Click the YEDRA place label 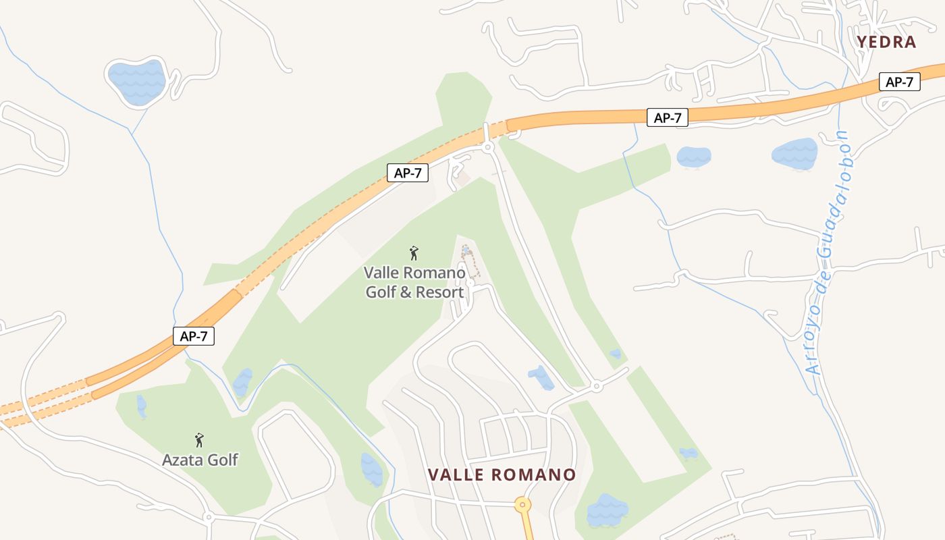pyautogui.click(x=886, y=42)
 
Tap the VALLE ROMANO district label pyautogui.click(x=502, y=475)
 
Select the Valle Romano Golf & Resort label pyautogui.click(x=414, y=282)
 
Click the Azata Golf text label pyautogui.click(x=200, y=460)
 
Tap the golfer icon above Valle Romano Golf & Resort pyautogui.click(x=414, y=253)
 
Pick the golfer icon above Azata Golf pyautogui.click(x=199, y=440)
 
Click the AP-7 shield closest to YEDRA pyautogui.click(x=899, y=82)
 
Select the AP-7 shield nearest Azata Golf pyautogui.click(x=194, y=336)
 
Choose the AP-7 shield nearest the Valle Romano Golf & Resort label pyautogui.click(x=408, y=173)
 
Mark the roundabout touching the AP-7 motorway pyautogui.click(x=488, y=146)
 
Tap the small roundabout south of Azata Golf pyautogui.click(x=209, y=517)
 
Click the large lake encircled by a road pyautogui.click(x=137, y=82)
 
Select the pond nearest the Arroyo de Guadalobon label pyautogui.click(x=794, y=154)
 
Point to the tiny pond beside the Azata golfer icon pyautogui.click(x=141, y=406)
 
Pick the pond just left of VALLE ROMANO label pyautogui.click(x=371, y=468)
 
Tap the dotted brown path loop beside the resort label pyautogui.click(x=470, y=262)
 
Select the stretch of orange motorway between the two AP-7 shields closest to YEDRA pyautogui.click(x=783, y=105)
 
